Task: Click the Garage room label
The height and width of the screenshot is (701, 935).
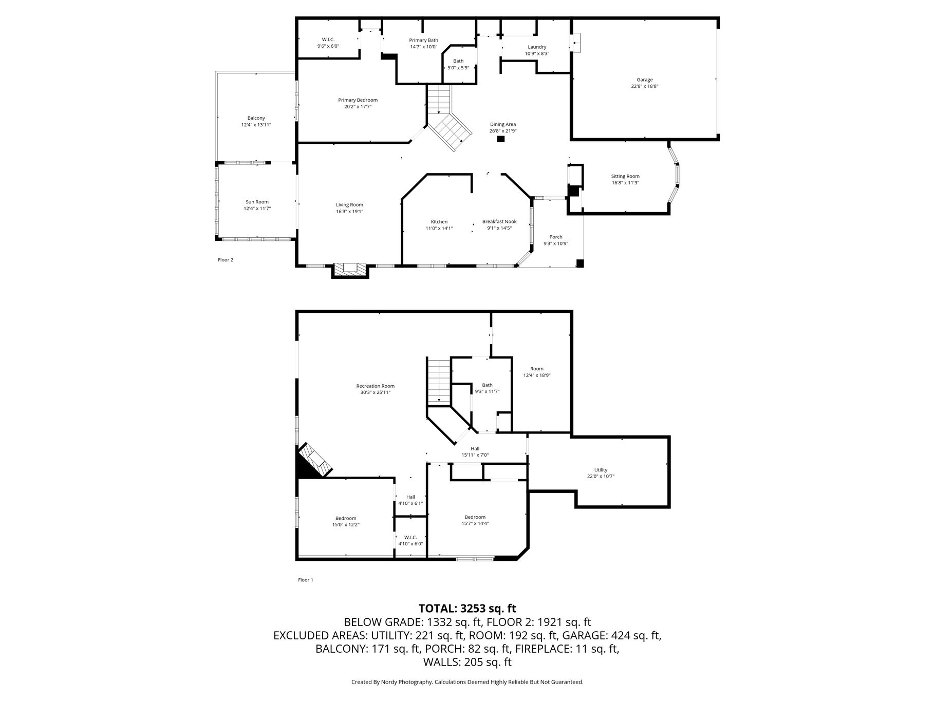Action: tap(645, 80)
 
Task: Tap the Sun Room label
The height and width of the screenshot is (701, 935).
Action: tap(257, 202)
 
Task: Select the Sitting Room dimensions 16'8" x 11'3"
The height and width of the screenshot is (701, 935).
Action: tap(625, 183)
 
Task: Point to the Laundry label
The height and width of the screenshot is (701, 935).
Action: tap(537, 47)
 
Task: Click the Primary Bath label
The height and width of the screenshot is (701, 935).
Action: tap(424, 40)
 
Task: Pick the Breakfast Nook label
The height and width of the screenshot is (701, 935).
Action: tap(499, 221)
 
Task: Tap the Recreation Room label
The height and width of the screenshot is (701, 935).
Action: tap(376, 386)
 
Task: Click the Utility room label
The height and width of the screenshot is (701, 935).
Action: tap(601, 470)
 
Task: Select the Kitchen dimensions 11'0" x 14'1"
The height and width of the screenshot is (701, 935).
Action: tap(439, 228)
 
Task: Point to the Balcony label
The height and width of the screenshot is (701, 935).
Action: tap(256, 118)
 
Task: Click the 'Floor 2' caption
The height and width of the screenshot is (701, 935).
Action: tap(226, 260)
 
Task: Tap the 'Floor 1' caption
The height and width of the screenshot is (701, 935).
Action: tap(305, 580)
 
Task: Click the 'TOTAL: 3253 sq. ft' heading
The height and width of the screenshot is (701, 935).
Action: tap(467, 609)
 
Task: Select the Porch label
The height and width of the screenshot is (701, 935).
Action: tap(556, 237)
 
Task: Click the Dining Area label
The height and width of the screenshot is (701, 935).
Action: tap(503, 124)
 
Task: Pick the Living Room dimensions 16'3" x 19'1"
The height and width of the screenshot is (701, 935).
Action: tap(349, 211)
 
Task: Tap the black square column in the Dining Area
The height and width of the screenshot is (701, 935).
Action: tap(501, 139)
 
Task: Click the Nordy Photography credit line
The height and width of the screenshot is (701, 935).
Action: tap(467, 682)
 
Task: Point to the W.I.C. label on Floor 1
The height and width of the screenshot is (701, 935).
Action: tap(410, 537)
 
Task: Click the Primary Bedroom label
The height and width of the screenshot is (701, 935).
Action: tap(358, 100)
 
